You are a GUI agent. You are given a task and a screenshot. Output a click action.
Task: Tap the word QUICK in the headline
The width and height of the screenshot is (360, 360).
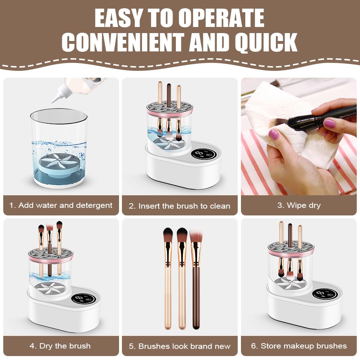tap(266, 42)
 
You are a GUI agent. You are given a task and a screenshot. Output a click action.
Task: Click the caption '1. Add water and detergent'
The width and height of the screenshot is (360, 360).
tap(61, 205)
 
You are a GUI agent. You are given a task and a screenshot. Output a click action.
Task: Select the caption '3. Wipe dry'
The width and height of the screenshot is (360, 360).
tap(299, 205)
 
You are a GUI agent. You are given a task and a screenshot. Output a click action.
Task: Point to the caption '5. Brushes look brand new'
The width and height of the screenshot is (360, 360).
tap(179, 346)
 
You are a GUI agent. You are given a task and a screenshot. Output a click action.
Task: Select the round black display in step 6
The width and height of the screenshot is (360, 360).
tap(325, 294)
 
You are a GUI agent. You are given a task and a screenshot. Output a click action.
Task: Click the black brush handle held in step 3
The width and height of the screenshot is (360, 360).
tap(322, 117)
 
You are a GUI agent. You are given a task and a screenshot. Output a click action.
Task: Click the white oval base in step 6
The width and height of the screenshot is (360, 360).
tap(305, 306)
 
